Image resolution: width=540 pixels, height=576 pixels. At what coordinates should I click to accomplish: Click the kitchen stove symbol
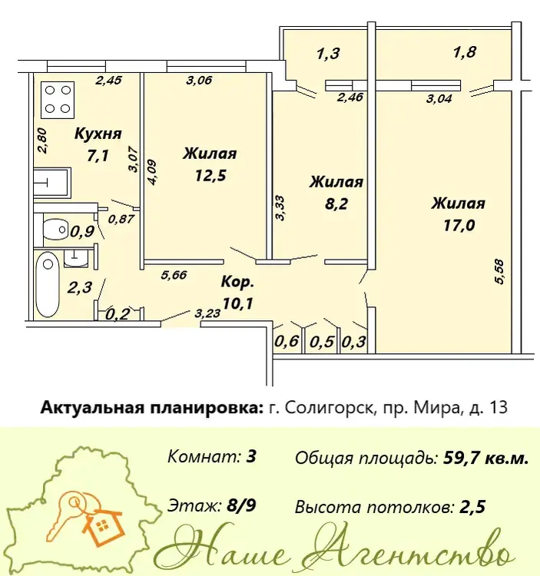(58, 100)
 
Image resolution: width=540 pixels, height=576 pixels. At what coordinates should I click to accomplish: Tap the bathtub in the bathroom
(48, 285)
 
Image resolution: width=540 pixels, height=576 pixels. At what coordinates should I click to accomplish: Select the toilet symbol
(56, 229)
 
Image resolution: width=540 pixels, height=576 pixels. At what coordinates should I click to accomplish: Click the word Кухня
(98, 134)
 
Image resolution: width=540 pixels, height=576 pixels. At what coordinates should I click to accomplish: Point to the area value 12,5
(210, 176)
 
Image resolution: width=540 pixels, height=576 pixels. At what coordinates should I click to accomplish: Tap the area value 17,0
(459, 225)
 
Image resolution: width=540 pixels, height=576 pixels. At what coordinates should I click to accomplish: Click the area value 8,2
(336, 204)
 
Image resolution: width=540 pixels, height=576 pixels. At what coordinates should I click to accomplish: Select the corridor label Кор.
(237, 283)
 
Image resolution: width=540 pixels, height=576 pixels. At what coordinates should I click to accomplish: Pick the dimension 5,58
(499, 272)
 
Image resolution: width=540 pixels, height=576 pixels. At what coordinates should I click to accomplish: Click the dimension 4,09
(151, 172)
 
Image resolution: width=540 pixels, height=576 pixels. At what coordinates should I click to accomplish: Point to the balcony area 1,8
(465, 51)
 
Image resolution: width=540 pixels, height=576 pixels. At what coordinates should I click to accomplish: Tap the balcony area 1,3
(328, 54)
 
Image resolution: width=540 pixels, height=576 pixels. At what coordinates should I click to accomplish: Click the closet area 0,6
(287, 342)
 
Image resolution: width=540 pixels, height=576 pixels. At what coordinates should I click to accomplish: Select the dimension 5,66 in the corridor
(174, 274)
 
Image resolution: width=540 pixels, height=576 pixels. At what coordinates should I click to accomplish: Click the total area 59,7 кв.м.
(486, 458)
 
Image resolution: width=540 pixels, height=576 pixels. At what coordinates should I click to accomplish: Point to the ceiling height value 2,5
(472, 508)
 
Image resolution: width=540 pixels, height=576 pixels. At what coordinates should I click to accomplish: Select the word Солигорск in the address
(329, 408)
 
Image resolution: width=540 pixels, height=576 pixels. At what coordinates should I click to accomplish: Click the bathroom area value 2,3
(80, 287)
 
